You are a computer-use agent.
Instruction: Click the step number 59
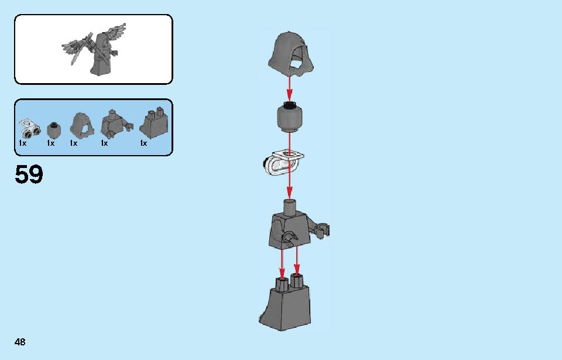point(29,174)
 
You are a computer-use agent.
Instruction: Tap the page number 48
point(20,342)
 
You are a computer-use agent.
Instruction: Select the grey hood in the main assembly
point(291,54)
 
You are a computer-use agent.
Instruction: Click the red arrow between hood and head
point(289,88)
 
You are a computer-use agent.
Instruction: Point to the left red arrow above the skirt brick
point(282,264)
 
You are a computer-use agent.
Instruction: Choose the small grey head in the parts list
point(54,131)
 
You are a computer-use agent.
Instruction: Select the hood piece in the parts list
point(82,125)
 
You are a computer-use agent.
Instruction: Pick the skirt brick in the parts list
point(154,123)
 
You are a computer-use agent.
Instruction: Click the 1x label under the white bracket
point(23,143)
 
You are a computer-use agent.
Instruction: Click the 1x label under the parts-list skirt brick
point(143,143)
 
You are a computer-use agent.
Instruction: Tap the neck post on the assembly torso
point(290,207)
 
